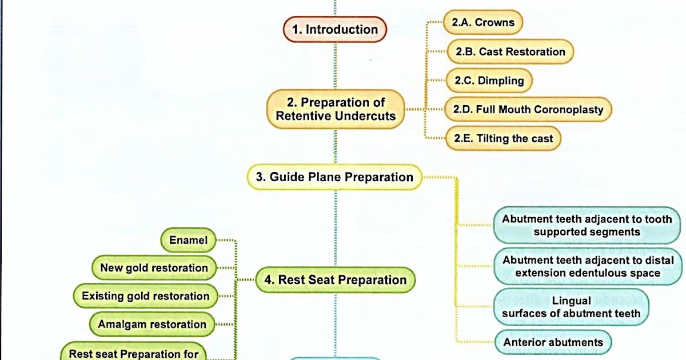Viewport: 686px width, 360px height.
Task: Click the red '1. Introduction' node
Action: point(335,30)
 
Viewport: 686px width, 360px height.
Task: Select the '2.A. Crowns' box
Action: point(483,23)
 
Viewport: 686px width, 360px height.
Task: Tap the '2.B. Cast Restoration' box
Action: point(510,52)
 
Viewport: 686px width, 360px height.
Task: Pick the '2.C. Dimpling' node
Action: point(489,81)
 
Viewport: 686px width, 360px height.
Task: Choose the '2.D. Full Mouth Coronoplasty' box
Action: point(528,109)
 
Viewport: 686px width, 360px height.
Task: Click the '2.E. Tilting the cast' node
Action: point(503,138)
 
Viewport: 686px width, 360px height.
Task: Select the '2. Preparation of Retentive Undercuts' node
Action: point(336,109)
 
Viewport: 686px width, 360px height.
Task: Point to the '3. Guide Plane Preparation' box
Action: point(334,177)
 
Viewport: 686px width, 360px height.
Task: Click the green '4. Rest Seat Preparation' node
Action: point(334,280)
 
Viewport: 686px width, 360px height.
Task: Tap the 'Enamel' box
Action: point(188,240)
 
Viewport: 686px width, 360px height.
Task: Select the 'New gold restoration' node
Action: point(154,268)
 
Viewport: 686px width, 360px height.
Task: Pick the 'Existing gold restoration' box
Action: point(145,296)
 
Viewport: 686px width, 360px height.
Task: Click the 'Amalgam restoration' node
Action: point(151,324)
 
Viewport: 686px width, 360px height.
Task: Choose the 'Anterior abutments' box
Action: point(553,342)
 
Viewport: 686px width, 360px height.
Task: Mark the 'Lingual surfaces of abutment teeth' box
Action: point(571,307)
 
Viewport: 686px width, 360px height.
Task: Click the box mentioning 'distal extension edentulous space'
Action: point(587,266)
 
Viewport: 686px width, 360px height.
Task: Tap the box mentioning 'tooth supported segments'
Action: point(587,226)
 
